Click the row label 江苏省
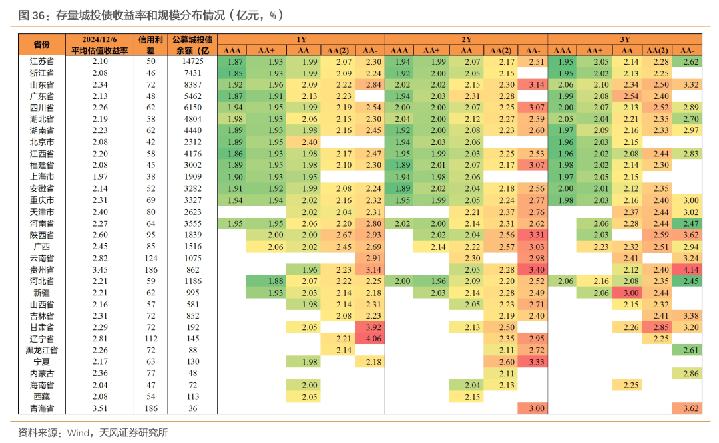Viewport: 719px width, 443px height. [x=41, y=61]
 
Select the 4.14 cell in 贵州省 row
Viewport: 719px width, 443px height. [x=690, y=269]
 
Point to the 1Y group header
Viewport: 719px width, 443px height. [x=301, y=39]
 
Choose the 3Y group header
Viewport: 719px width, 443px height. [x=625, y=39]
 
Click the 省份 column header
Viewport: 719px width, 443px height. [x=41, y=45]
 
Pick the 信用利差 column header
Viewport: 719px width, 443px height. [x=150, y=45]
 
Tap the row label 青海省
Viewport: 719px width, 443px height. [x=41, y=408]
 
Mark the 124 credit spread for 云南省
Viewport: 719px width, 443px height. [x=150, y=258]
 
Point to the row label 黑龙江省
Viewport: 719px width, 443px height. [x=41, y=351]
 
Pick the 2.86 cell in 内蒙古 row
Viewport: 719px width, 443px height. [x=690, y=374]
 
